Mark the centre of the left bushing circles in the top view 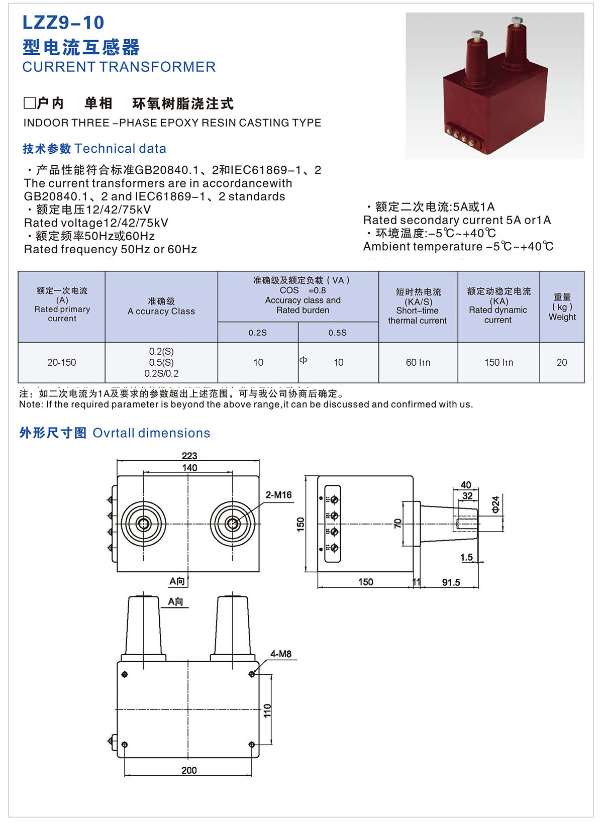pyautogui.click(x=144, y=524)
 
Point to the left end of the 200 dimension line pyautogui.click(x=125, y=775)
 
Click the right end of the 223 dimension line pyautogui.click(x=259, y=460)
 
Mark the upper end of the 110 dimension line pyautogui.click(x=271, y=674)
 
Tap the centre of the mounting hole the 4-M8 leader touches pyautogui.click(x=252, y=674)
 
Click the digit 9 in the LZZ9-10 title pyautogui.click(x=63, y=23)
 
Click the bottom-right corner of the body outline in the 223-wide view pyautogui.click(x=259, y=572)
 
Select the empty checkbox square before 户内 pyautogui.click(x=30, y=103)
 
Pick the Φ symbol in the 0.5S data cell pyautogui.click(x=303, y=360)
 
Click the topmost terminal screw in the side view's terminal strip pyautogui.click(x=335, y=499)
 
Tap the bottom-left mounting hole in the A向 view pyautogui.click(x=125, y=745)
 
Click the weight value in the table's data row pyautogui.click(x=562, y=362)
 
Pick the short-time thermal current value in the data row pyautogui.click(x=418, y=362)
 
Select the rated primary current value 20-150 pyautogui.click(x=61, y=362)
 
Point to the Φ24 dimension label pyautogui.click(x=495, y=504)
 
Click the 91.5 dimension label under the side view pyautogui.click(x=451, y=582)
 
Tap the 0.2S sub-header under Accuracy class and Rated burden pyautogui.click(x=258, y=333)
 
